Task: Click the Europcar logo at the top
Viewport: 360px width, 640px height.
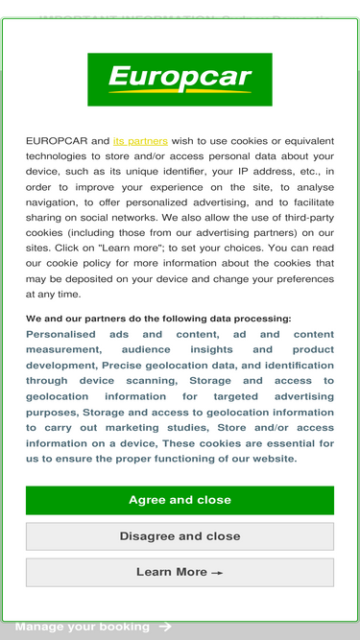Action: [x=180, y=79]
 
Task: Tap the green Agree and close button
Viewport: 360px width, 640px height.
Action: [x=180, y=500]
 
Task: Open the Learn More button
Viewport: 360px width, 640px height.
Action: [x=180, y=572]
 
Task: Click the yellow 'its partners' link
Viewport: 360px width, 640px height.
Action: [x=140, y=140]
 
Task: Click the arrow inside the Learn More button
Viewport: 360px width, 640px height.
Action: [x=218, y=573]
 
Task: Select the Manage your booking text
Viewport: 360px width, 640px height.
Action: [x=82, y=627]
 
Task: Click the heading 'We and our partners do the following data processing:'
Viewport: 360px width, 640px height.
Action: [x=158, y=319]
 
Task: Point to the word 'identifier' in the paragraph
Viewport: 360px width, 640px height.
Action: [x=205, y=171]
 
